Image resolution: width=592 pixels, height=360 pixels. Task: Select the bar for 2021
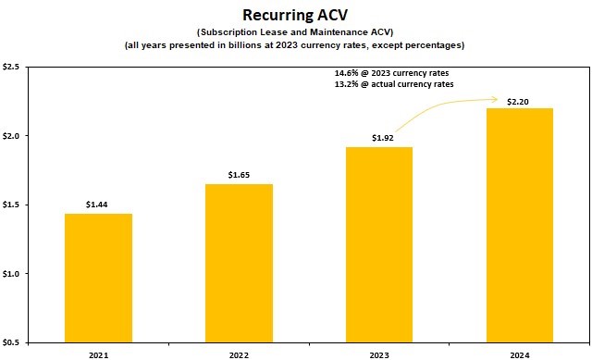click(x=98, y=278)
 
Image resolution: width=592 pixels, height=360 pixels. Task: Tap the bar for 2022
click(x=239, y=263)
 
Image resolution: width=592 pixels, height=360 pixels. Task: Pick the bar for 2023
click(x=379, y=244)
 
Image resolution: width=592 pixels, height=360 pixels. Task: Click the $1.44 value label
click(x=98, y=203)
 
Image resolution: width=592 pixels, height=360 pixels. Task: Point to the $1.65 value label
click(x=239, y=174)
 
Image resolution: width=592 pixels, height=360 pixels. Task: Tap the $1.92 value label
click(x=379, y=137)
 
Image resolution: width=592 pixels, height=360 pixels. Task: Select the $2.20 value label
click(x=520, y=98)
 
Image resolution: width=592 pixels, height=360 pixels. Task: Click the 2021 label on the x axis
click(x=98, y=353)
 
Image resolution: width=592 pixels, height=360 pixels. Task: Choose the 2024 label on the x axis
click(x=520, y=353)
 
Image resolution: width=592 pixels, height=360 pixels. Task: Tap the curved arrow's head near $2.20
click(x=498, y=99)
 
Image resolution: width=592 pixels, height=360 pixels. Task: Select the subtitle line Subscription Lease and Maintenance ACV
click(x=296, y=32)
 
